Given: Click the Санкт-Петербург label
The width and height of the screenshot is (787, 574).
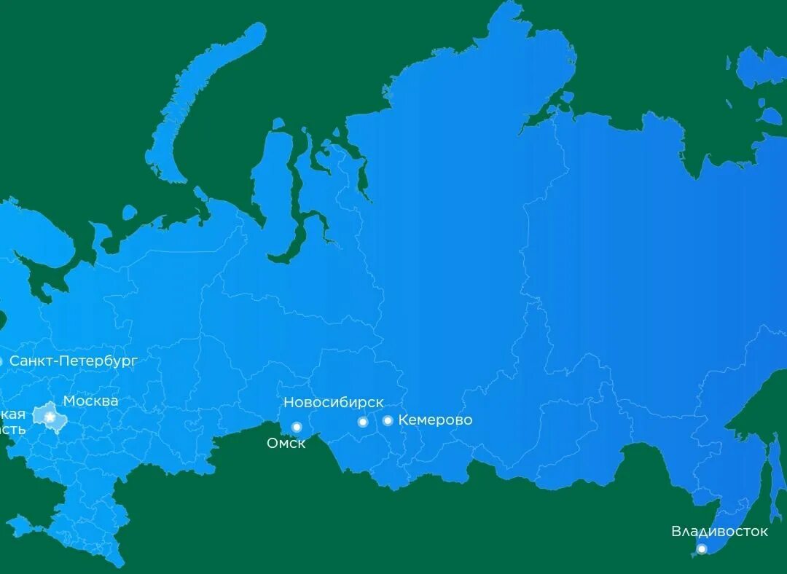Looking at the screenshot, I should coord(73,361).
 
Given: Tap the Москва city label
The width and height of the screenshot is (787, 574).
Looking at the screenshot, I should coord(90,401).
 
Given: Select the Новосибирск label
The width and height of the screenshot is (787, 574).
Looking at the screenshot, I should coord(333,403).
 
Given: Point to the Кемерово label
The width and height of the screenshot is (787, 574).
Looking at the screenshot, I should coord(435,420).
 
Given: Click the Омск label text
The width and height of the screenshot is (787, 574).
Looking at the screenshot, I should coord(286,443).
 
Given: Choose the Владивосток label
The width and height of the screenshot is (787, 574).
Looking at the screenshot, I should coord(719,532).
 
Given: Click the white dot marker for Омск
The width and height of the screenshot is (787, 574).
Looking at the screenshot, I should coord(297,427).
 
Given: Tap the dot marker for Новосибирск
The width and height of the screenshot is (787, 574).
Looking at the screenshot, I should coord(363,422).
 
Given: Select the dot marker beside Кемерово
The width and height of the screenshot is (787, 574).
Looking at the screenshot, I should coord(388,420).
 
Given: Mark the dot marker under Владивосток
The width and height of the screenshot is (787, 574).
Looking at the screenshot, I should coord(702,549).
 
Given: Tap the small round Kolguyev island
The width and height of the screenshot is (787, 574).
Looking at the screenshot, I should coord(129,213).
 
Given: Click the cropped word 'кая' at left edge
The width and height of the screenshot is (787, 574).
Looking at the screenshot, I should coord(12,414).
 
